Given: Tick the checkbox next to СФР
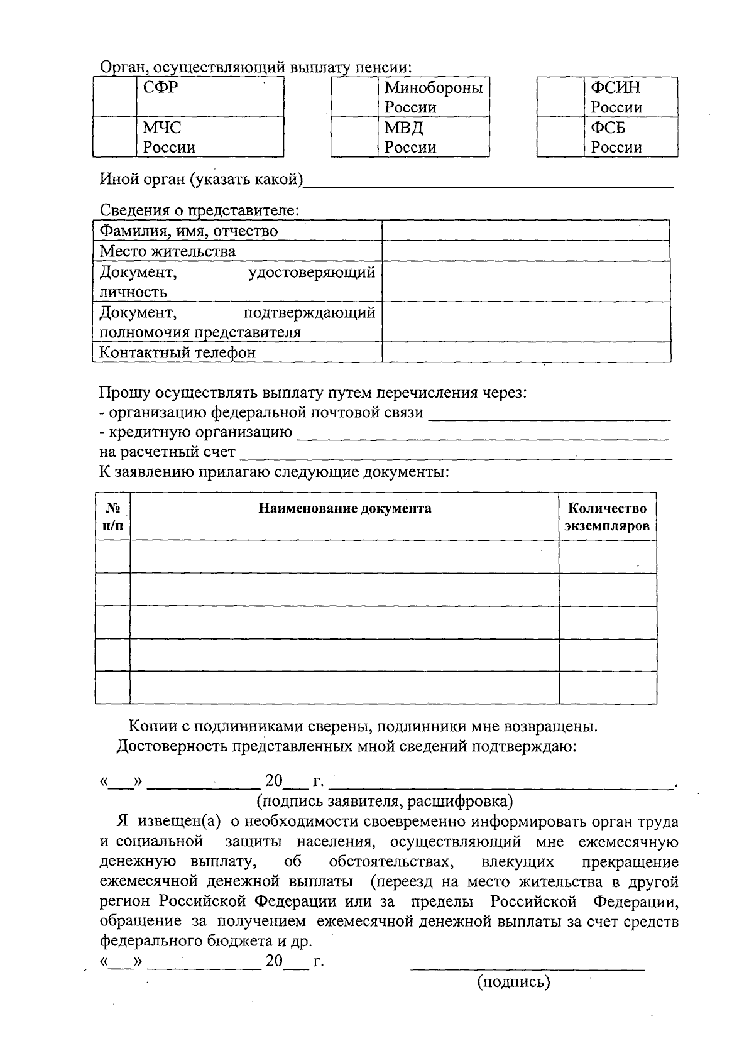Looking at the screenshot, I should tap(114, 97).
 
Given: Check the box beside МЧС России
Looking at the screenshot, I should tap(114, 137).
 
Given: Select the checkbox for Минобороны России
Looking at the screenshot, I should tap(354, 97).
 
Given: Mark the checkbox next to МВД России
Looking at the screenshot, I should tap(354, 137).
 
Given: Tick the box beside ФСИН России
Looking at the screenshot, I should tap(560, 97).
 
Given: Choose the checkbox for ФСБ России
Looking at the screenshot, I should tap(560, 137).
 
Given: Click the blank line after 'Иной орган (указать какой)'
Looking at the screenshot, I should tap(488, 182).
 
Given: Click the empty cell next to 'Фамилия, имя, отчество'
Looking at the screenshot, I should tap(525, 231).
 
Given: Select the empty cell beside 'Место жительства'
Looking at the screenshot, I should tap(525, 251).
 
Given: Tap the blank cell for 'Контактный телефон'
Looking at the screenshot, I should tap(525, 352).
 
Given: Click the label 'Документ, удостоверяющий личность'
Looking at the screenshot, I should tap(237, 281).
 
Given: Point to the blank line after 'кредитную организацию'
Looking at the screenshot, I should tap(482, 434).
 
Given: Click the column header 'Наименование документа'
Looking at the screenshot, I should tap(344, 508).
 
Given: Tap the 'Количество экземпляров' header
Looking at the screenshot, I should tap(607, 516).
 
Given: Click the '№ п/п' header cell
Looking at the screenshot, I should tap(112, 516).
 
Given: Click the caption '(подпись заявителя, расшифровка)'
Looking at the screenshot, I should tap(384, 801).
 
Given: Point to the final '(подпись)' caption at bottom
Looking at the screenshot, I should tap(513, 981).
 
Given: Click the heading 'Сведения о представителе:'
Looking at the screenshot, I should tap(199, 210).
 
